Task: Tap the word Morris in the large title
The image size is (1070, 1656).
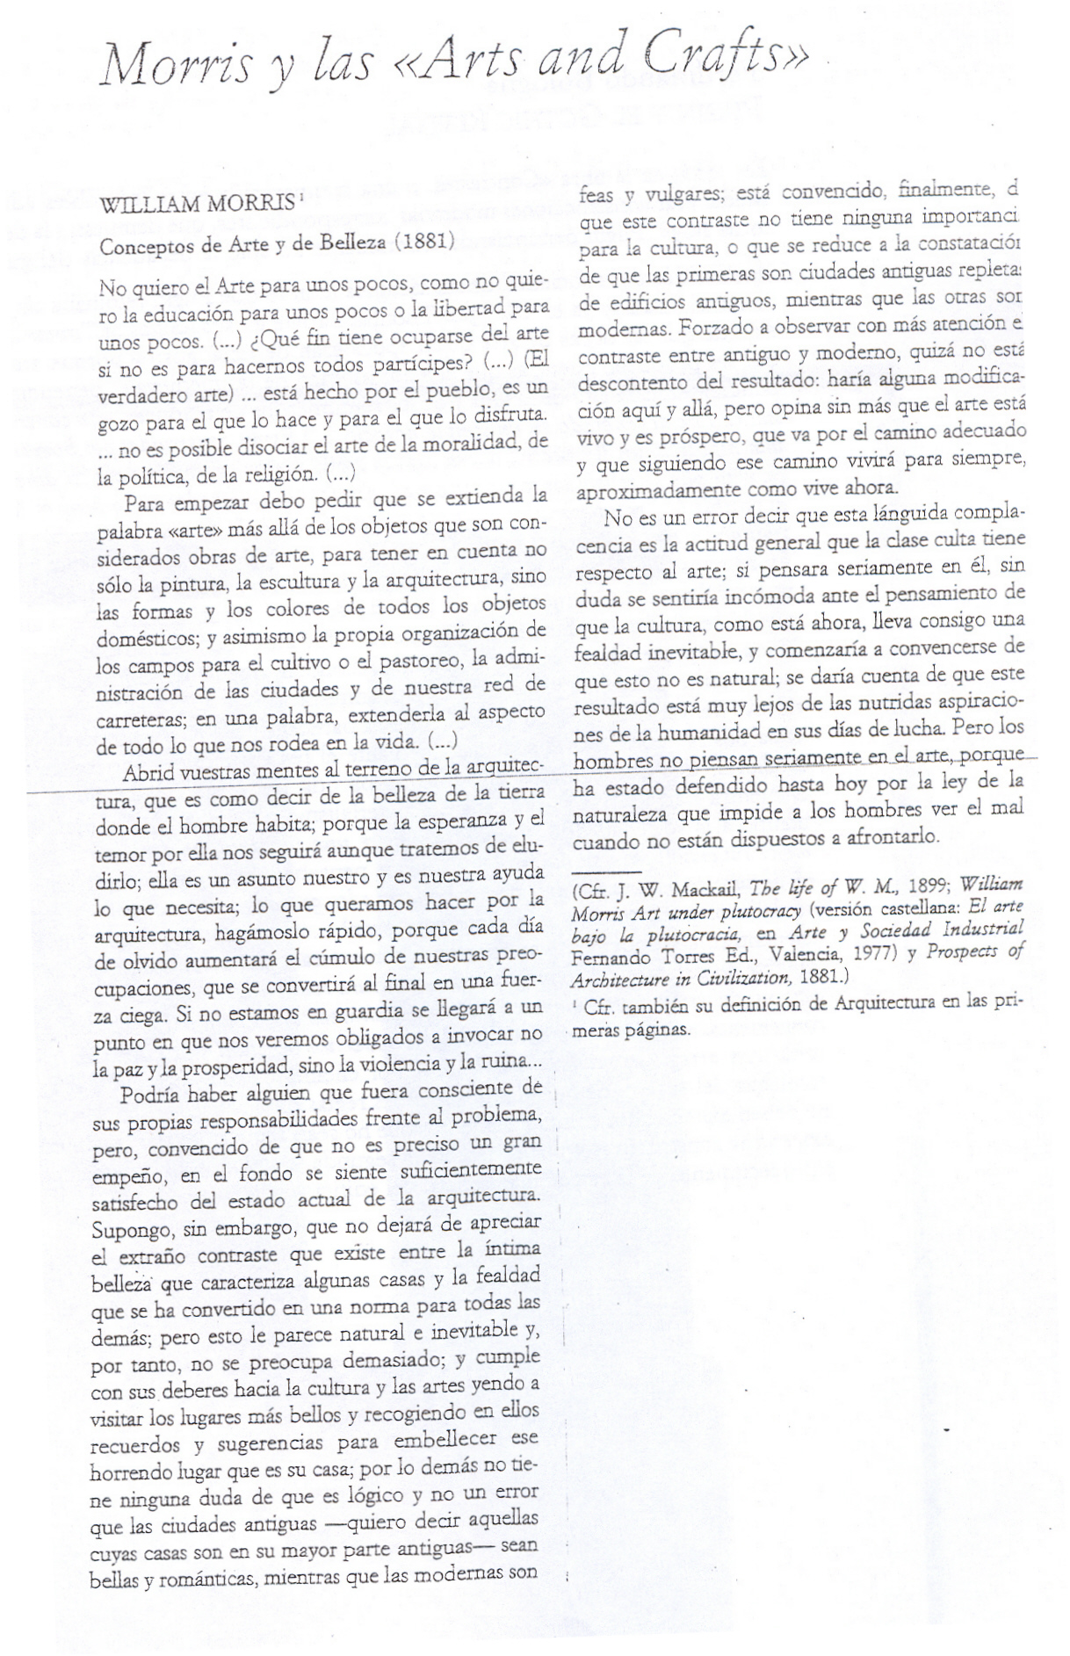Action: pos(177,67)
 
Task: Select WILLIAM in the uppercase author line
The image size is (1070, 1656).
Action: pos(152,206)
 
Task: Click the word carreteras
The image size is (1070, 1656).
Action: pos(140,720)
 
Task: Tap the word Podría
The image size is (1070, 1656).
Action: pos(149,1096)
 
